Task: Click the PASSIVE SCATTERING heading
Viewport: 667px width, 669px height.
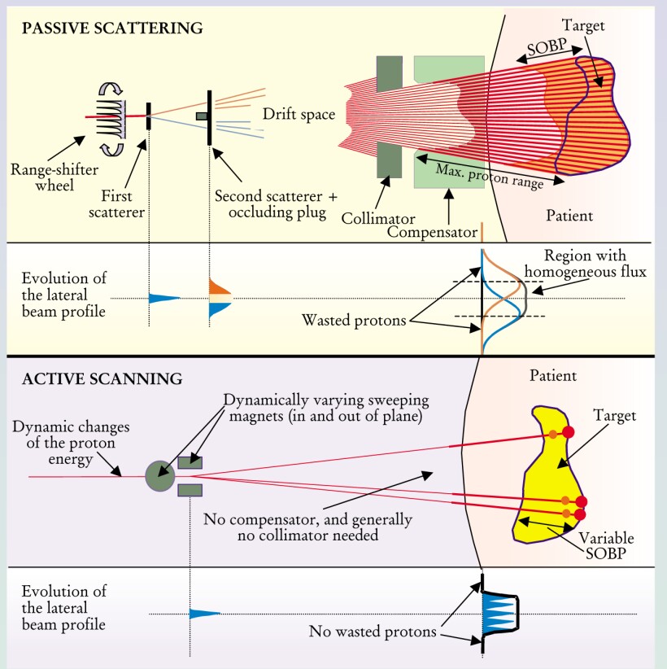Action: click(111, 28)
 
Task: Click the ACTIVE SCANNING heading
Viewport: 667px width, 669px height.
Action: click(102, 378)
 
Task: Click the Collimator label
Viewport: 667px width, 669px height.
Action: click(378, 219)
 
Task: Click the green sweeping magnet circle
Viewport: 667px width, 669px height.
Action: click(159, 475)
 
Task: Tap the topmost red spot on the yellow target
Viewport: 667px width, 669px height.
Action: click(569, 431)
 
